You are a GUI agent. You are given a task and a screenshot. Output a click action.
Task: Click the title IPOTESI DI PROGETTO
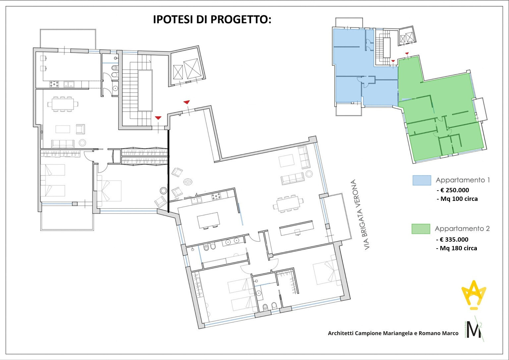[x=212, y=20]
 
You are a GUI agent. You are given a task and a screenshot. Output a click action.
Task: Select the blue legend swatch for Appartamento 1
[x=422, y=180]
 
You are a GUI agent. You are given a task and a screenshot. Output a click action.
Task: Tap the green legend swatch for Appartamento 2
[x=421, y=229]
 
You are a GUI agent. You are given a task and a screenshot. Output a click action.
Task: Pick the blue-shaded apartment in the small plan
[x=358, y=66]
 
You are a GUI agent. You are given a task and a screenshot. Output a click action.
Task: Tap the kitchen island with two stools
[x=208, y=220]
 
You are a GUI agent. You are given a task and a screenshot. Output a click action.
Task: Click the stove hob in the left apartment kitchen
[x=54, y=84]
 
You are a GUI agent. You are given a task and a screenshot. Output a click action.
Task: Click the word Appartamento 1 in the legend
[x=463, y=180]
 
